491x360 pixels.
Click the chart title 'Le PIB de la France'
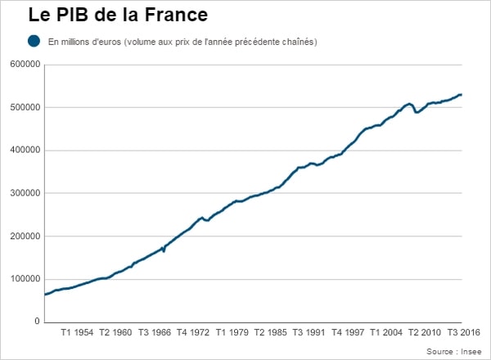118,15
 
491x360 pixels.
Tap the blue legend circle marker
34,41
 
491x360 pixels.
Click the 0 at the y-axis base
37,322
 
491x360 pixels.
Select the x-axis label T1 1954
78,334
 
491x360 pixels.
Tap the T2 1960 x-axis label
116,334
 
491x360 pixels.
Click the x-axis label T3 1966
155,334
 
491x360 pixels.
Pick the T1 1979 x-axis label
232,334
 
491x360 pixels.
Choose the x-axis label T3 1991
309,334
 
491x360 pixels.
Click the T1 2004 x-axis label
387,334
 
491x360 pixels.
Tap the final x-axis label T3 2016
464,334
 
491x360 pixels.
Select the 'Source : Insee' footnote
454,351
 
